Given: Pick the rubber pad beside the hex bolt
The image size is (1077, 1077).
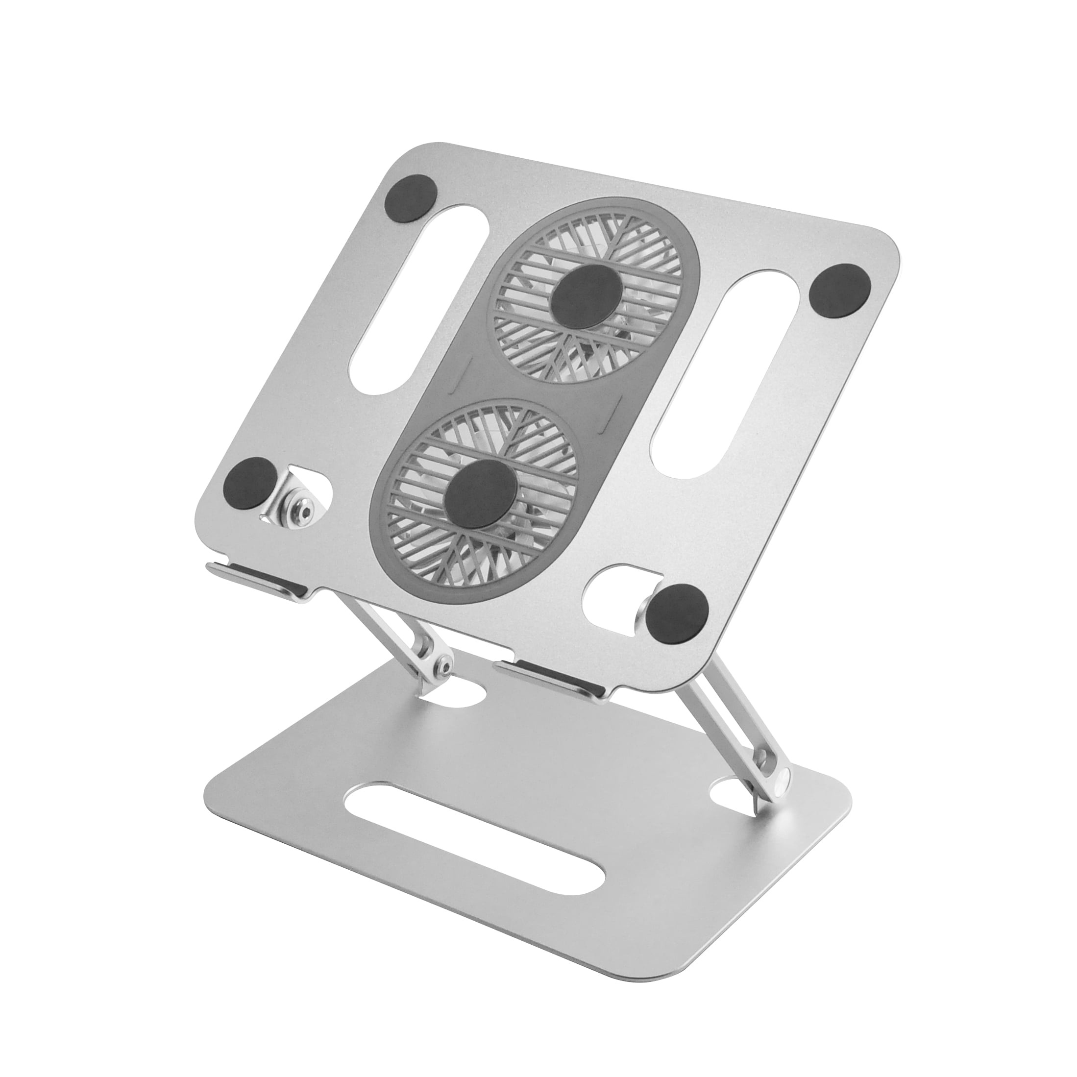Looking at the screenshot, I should pyautogui.click(x=251, y=482).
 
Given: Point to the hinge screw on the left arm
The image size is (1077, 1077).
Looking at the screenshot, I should pyautogui.click(x=444, y=667).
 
